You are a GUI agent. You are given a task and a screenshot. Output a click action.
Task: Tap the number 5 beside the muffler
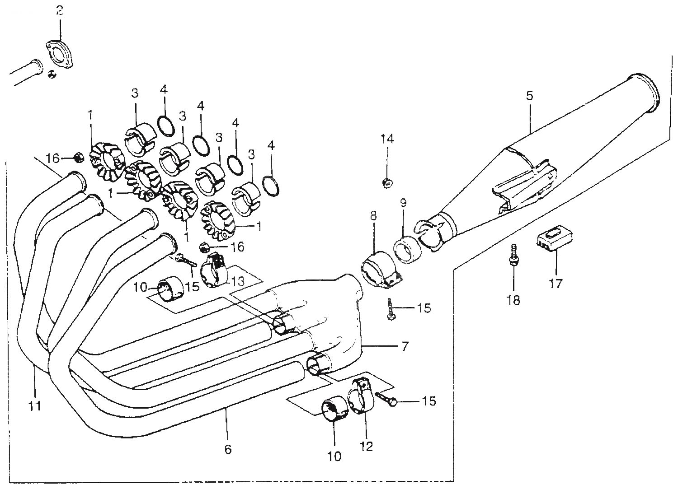[530, 95]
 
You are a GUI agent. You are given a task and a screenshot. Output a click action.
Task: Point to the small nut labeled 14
[387, 183]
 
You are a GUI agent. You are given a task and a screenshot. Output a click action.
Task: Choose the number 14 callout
[387, 139]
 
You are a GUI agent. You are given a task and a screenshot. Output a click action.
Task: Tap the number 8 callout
[373, 215]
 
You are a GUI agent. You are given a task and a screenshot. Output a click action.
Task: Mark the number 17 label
[556, 284]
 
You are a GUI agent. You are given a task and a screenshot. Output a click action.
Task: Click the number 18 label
[513, 300]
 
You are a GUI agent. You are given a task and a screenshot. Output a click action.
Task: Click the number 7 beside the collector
[405, 346]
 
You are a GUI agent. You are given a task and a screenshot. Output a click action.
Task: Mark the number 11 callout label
[35, 406]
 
